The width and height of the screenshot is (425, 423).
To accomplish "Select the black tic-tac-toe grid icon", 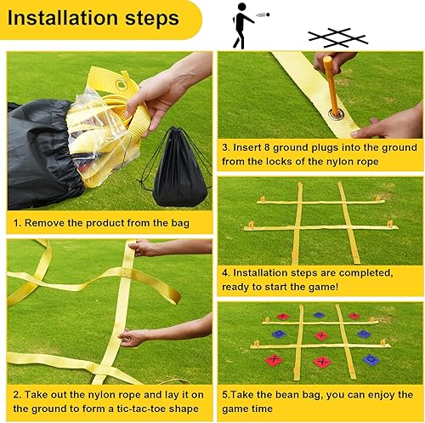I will click(x=341, y=37).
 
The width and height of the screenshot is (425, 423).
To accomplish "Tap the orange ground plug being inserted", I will click(x=330, y=85).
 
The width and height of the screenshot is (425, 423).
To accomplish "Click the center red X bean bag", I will click(x=321, y=335).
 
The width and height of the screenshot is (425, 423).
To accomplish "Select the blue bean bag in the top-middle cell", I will click(x=320, y=315).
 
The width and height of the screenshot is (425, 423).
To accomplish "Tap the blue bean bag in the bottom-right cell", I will click(x=371, y=360).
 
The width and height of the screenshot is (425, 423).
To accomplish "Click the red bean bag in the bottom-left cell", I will click(x=272, y=359).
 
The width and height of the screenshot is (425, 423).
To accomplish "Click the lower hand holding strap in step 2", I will click(x=136, y=338).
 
